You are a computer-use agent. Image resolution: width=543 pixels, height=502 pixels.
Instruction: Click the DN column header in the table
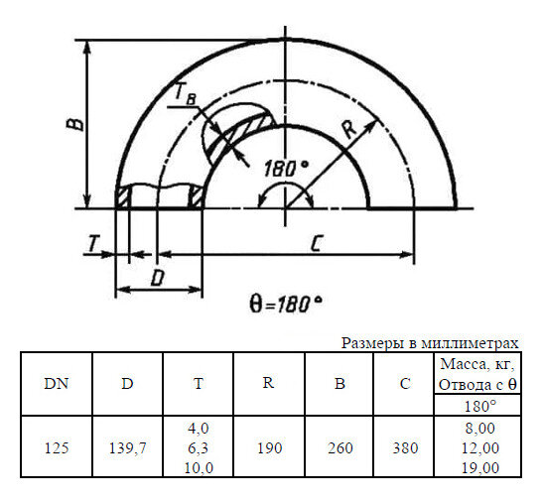tap(57, 384)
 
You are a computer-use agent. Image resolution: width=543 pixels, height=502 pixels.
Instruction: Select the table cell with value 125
tap(57, 447)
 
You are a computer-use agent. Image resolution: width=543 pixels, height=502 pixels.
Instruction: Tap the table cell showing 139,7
tap(127, 447)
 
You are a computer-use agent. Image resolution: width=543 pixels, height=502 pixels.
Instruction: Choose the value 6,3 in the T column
tap(199, 447)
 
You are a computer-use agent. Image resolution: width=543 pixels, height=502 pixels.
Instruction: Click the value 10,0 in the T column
tap(199, 465)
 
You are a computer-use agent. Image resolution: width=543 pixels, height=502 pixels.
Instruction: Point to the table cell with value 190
tap(268, 447)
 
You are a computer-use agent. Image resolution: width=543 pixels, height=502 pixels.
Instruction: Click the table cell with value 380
tap(404, 447)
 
